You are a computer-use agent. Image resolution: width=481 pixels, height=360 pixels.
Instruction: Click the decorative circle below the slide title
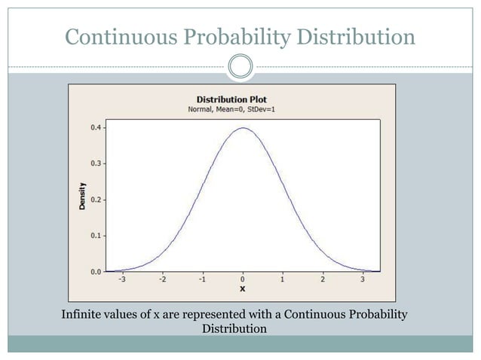[x=240, y=67]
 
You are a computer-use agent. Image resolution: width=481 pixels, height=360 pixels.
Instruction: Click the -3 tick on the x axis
[x=122, y=279]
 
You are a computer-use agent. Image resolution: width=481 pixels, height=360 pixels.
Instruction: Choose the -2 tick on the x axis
[x=162, y=279]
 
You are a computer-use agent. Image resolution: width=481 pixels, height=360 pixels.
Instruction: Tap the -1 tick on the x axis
[x=202, y=279]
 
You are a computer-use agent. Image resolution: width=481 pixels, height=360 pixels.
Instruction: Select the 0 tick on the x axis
[x=243, y=279]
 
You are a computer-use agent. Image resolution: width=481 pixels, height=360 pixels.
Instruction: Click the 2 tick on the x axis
[x=322, y=279]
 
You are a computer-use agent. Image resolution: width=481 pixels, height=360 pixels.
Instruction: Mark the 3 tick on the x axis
[x=362, y=279]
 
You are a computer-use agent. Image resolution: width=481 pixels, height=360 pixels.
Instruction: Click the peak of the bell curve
[x=243, y=128]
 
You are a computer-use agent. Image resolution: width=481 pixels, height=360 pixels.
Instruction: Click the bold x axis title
[x=243, y=288]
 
